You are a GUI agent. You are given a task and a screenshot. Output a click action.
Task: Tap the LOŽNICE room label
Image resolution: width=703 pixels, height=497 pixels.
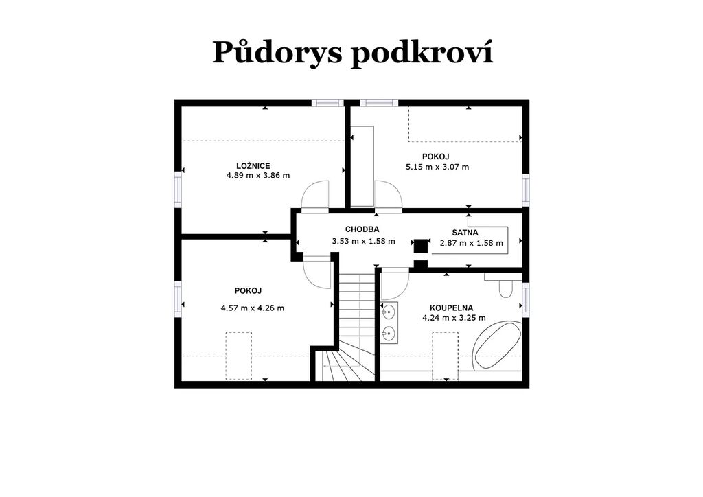click(253, 166)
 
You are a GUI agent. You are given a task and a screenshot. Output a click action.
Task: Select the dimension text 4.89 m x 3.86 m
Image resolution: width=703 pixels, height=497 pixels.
click(258, 175)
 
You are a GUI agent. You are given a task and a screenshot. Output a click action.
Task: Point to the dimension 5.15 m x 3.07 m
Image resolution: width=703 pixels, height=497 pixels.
click(437, 167)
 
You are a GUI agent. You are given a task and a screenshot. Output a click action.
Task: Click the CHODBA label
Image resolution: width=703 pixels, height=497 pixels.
click(362, 229)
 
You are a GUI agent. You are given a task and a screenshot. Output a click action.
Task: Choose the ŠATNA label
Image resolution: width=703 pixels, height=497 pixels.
click(465, 233)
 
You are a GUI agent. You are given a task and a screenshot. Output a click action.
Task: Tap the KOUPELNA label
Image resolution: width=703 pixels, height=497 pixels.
click(451, 308)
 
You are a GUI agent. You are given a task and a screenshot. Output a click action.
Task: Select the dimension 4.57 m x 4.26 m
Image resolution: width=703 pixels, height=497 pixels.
click(253, 308)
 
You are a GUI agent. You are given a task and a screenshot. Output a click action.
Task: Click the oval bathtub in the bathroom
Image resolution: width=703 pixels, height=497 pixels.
click(497, 345)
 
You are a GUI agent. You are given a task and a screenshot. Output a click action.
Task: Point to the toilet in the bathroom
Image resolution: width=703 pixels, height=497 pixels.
click(506, 289)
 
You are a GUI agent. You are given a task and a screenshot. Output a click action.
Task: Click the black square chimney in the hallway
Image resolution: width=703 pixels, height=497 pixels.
click(421, 246)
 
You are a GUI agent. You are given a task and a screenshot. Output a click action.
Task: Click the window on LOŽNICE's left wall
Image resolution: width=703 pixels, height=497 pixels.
click(178, 189)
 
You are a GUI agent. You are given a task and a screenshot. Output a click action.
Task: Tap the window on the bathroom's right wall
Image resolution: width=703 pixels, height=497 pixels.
click(525, 299)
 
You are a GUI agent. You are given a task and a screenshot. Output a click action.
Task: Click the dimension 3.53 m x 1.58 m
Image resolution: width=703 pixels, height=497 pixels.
click(364, 241)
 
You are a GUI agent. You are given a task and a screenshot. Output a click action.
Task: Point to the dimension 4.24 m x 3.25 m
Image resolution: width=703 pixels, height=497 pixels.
click(454, 318)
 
